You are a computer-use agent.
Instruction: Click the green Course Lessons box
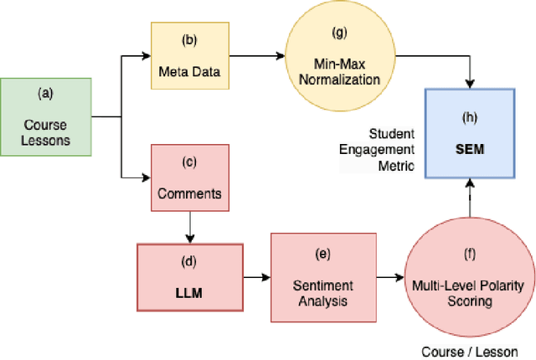[44, 117]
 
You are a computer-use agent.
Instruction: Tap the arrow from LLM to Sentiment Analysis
[256, 277]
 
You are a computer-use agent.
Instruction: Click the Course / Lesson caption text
[471, 352]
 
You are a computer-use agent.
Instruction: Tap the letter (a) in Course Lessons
[45, 94]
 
